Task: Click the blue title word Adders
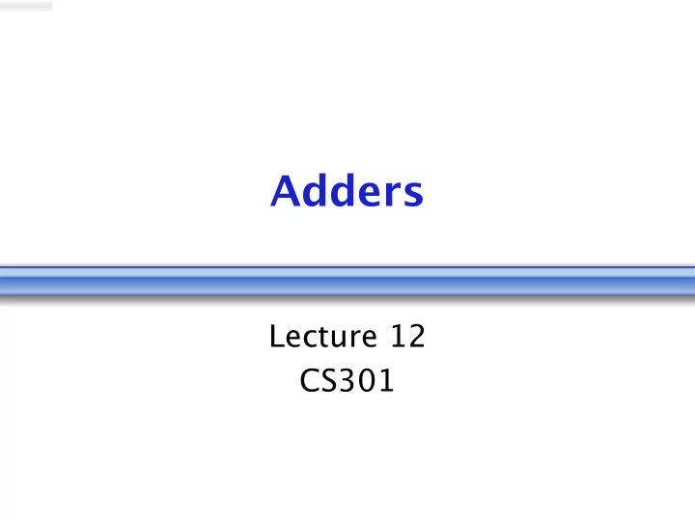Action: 347,190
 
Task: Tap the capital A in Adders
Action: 285,190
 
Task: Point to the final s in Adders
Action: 413,194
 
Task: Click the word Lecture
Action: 323,337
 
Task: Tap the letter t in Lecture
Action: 329,338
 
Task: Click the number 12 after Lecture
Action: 407,336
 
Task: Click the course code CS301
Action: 347,380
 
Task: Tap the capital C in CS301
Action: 310,380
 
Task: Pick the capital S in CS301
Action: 330,380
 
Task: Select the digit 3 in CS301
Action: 348,380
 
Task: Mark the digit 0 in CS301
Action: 369,380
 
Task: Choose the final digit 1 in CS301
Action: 387,380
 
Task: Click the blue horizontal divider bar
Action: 347,281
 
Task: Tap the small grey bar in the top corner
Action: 26,6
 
